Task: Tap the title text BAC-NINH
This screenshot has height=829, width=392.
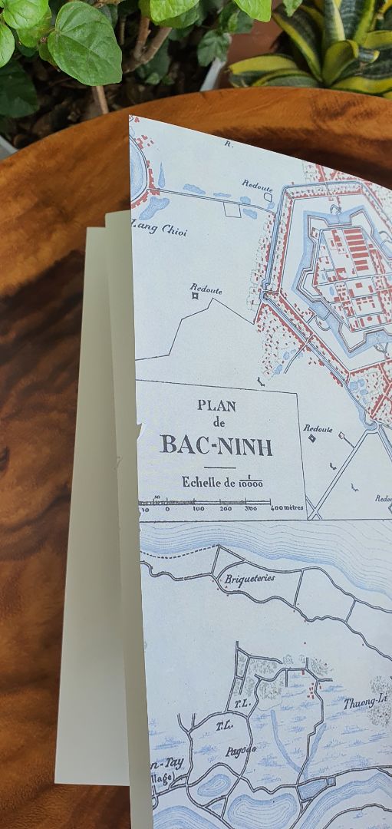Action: (x=216, y=444)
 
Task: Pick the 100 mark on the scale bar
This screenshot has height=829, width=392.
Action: (x=198, y=508)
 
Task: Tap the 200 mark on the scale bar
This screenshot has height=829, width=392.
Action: (x=226, y=508)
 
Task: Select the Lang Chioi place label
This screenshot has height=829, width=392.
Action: (x=160, y=229)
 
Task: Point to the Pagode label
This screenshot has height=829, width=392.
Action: (x=240, y=750)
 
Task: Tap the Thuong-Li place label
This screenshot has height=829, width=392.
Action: (x=363, y=702)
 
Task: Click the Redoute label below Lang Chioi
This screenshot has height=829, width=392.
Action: (x=206, y=289)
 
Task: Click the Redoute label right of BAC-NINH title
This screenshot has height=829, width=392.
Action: (x=318, y=429)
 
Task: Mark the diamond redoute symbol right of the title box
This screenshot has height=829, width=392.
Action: (x=311, y=438)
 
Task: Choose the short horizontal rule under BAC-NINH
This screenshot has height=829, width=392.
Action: (x=219, y=467)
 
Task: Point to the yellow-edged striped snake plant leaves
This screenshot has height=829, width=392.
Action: (x=322, y=54)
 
